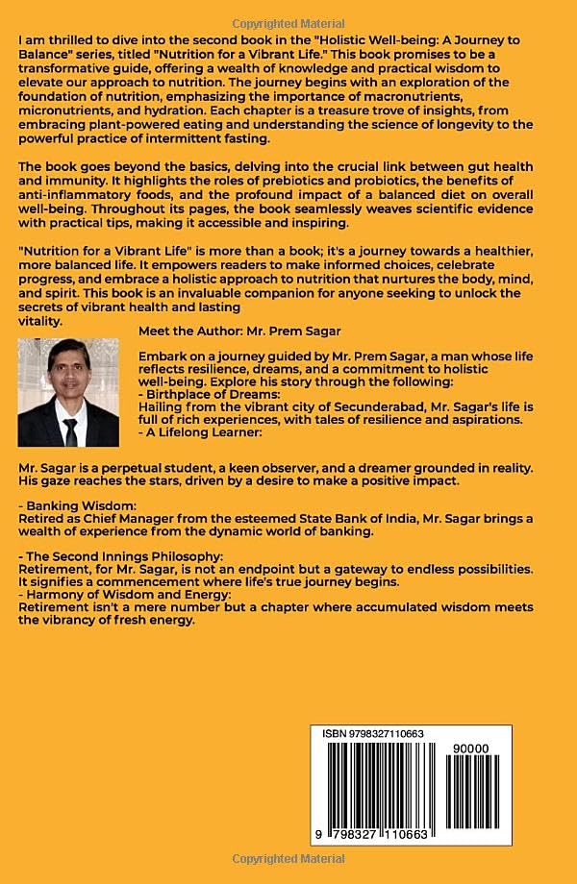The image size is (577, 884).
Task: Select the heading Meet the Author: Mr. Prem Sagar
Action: (238, 331)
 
